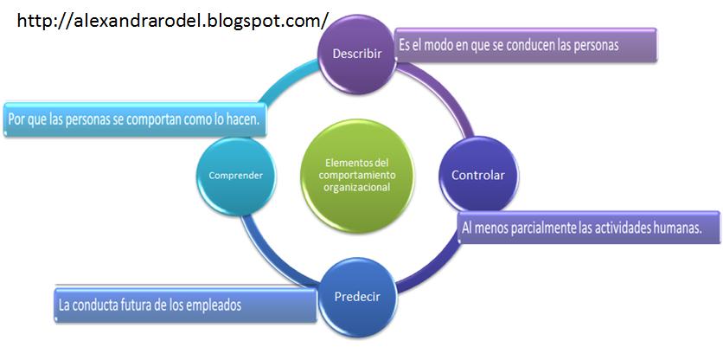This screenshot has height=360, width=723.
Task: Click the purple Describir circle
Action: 356,52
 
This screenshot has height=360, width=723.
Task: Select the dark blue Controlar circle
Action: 477,175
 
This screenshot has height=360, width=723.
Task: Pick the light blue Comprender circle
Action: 235,175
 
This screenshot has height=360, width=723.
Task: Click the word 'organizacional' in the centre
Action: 357,187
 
